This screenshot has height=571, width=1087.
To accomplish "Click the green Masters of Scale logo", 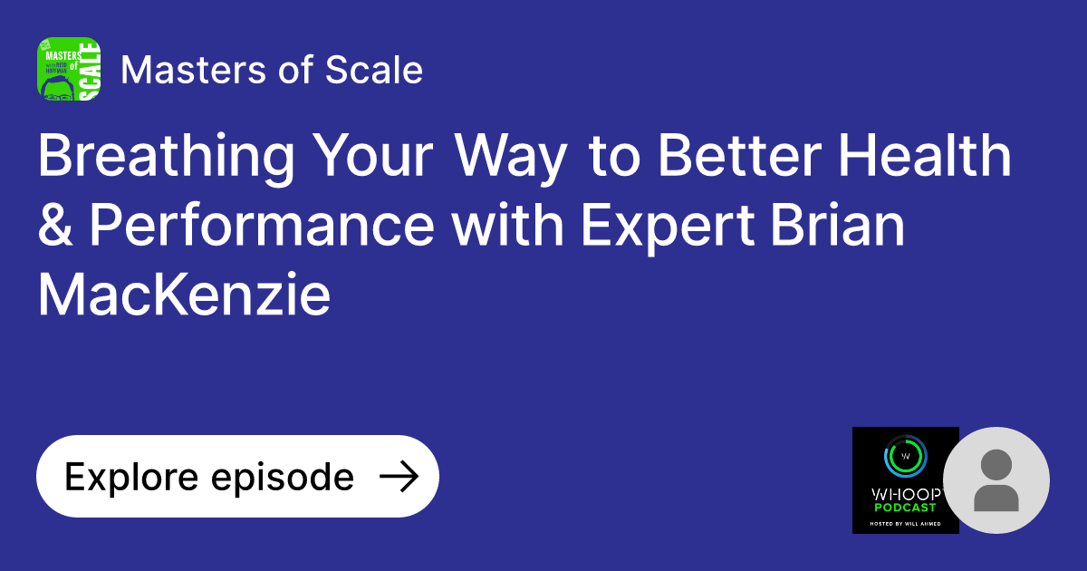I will pos(68,69).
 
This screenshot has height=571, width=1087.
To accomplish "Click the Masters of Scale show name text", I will pos(272,70).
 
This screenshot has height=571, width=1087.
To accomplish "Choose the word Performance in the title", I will pos(262,226).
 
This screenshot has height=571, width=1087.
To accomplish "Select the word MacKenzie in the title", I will pos(184,295).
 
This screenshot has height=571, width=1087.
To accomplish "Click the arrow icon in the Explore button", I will pos(398,477).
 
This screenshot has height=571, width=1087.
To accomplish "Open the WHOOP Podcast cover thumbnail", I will pos(905,480).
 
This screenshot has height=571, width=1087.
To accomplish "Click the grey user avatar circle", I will pos(996,480).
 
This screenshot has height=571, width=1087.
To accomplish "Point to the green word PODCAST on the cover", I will pos(905,507).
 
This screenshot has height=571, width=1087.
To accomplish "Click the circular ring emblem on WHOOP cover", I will pos(905,455).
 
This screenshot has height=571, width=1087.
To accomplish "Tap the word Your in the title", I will pos(372,157).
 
